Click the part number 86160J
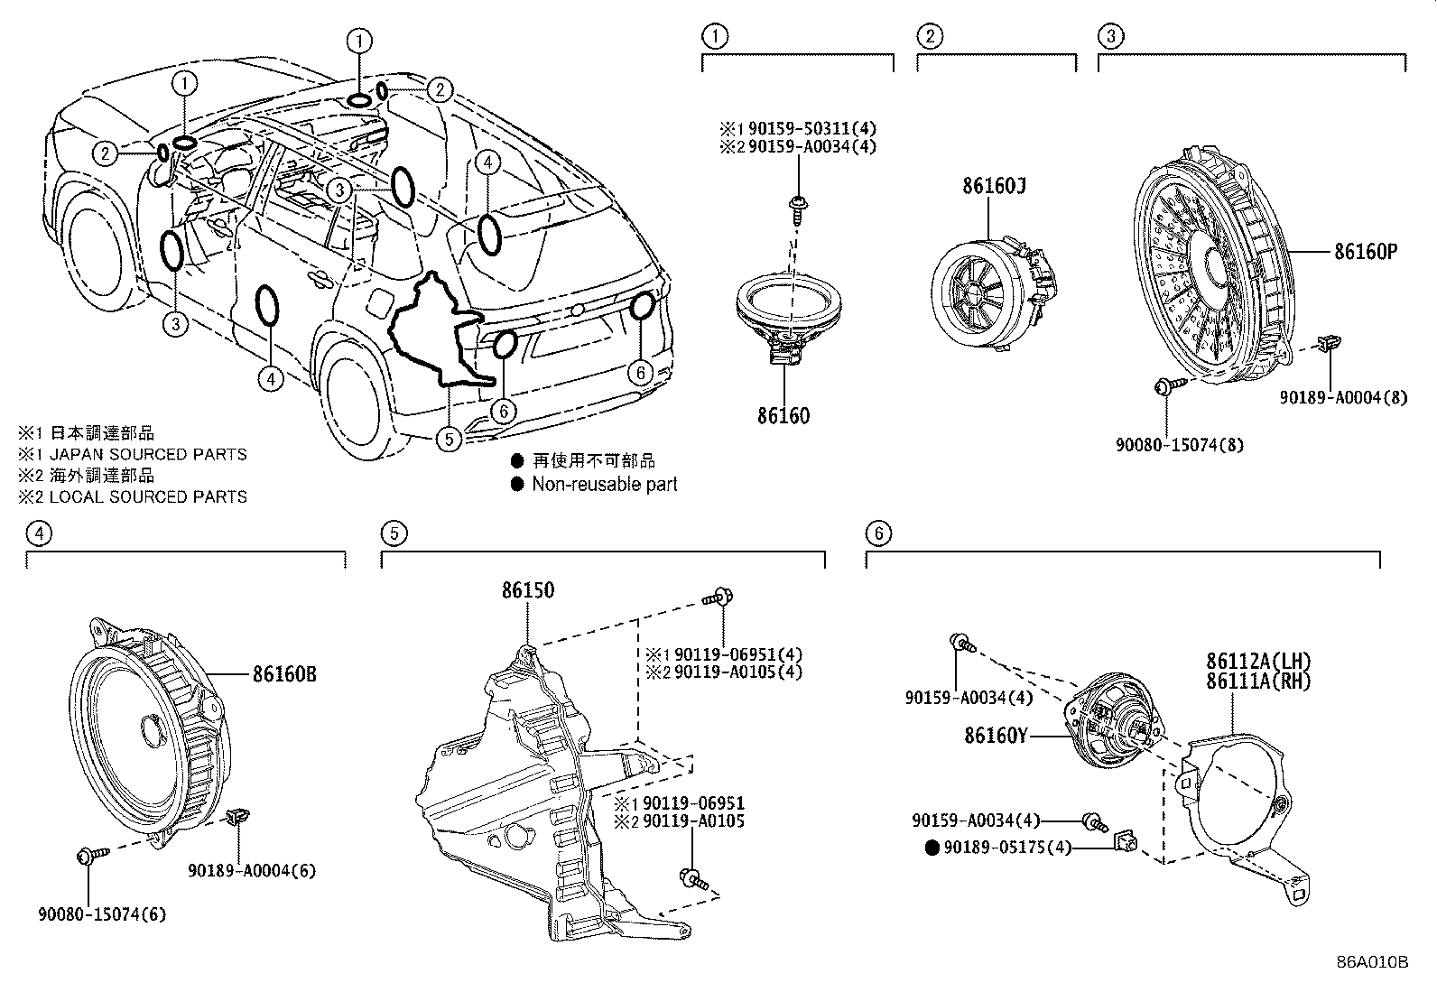coord(994,186)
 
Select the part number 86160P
coord(1366,252)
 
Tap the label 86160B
coord(284,673)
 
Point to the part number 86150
coord(528,590)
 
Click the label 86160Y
coord(996,736)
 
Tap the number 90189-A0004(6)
coord(252,871)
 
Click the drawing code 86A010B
coord(1373,962)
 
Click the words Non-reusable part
coord(604,484)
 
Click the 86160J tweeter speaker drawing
coord(988,289)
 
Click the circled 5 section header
coord(393,533)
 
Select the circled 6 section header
coord(876,533)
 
